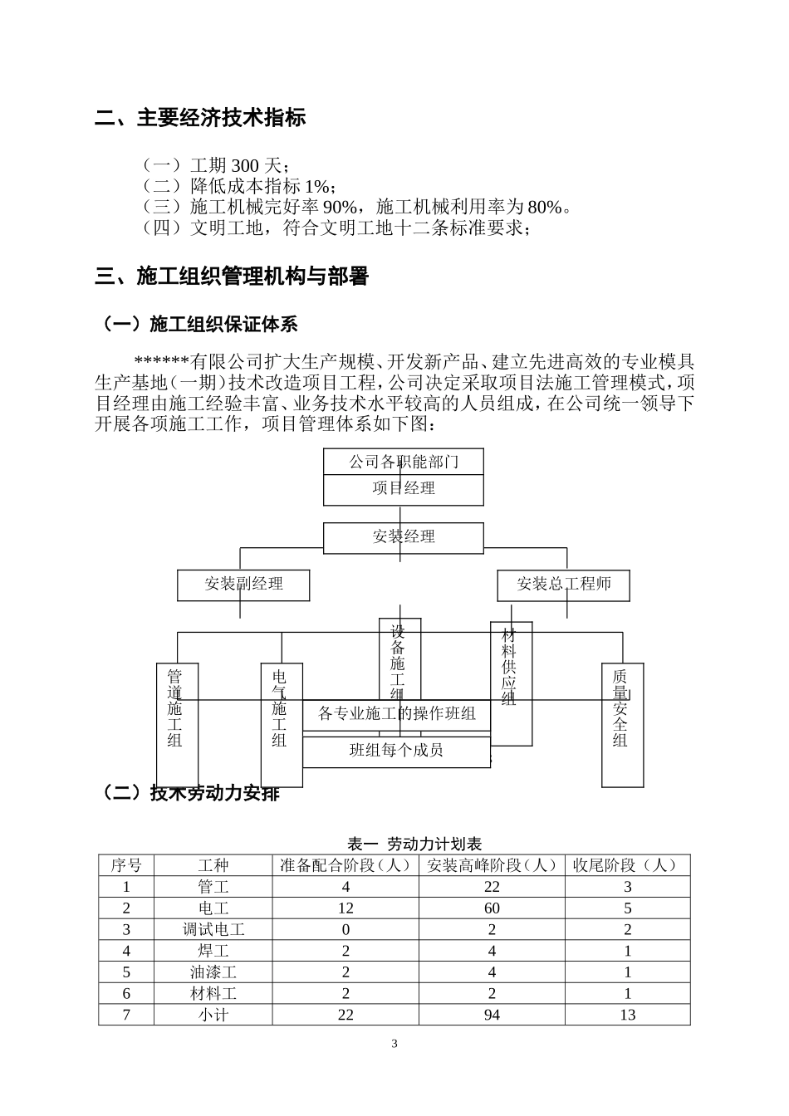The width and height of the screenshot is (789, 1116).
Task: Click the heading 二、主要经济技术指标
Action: [x=200, y=118]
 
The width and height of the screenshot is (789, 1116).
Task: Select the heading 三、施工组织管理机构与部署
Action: [x=232, y=277]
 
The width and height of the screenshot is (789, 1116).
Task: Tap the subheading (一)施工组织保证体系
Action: [x=198, y=324]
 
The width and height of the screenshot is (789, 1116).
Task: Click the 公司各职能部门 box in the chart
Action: [x=404, y=462]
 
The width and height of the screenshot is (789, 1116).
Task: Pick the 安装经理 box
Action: [x=404, y=537]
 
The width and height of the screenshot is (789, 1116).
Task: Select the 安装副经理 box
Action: [x=243, y=585]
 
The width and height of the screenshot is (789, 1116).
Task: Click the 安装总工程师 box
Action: [x=563, y=585]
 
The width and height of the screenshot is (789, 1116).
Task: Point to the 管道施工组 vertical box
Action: [x=177, y=724]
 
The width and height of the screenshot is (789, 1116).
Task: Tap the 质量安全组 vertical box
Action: [x=622, y=724]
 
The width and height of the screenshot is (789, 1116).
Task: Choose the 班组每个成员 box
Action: [x=396, y=751]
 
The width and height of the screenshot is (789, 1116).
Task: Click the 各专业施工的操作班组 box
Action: [x=396, y=714]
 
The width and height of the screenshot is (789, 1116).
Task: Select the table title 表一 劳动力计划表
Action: [x=414, y=844]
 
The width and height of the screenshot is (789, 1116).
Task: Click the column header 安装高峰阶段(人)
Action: [x=492, y=865]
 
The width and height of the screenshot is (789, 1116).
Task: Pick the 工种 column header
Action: [x=213, y=865]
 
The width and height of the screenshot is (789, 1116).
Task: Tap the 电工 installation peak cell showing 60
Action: [x=492, y=908]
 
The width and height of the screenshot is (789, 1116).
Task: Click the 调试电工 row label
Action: [x=213, y=930]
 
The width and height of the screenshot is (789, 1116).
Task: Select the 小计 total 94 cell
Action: [x=492, y=1015]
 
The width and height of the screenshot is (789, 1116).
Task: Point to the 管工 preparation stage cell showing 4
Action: [x=345, y=887]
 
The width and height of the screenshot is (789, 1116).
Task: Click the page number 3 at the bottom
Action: [x=394, y=1044]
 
